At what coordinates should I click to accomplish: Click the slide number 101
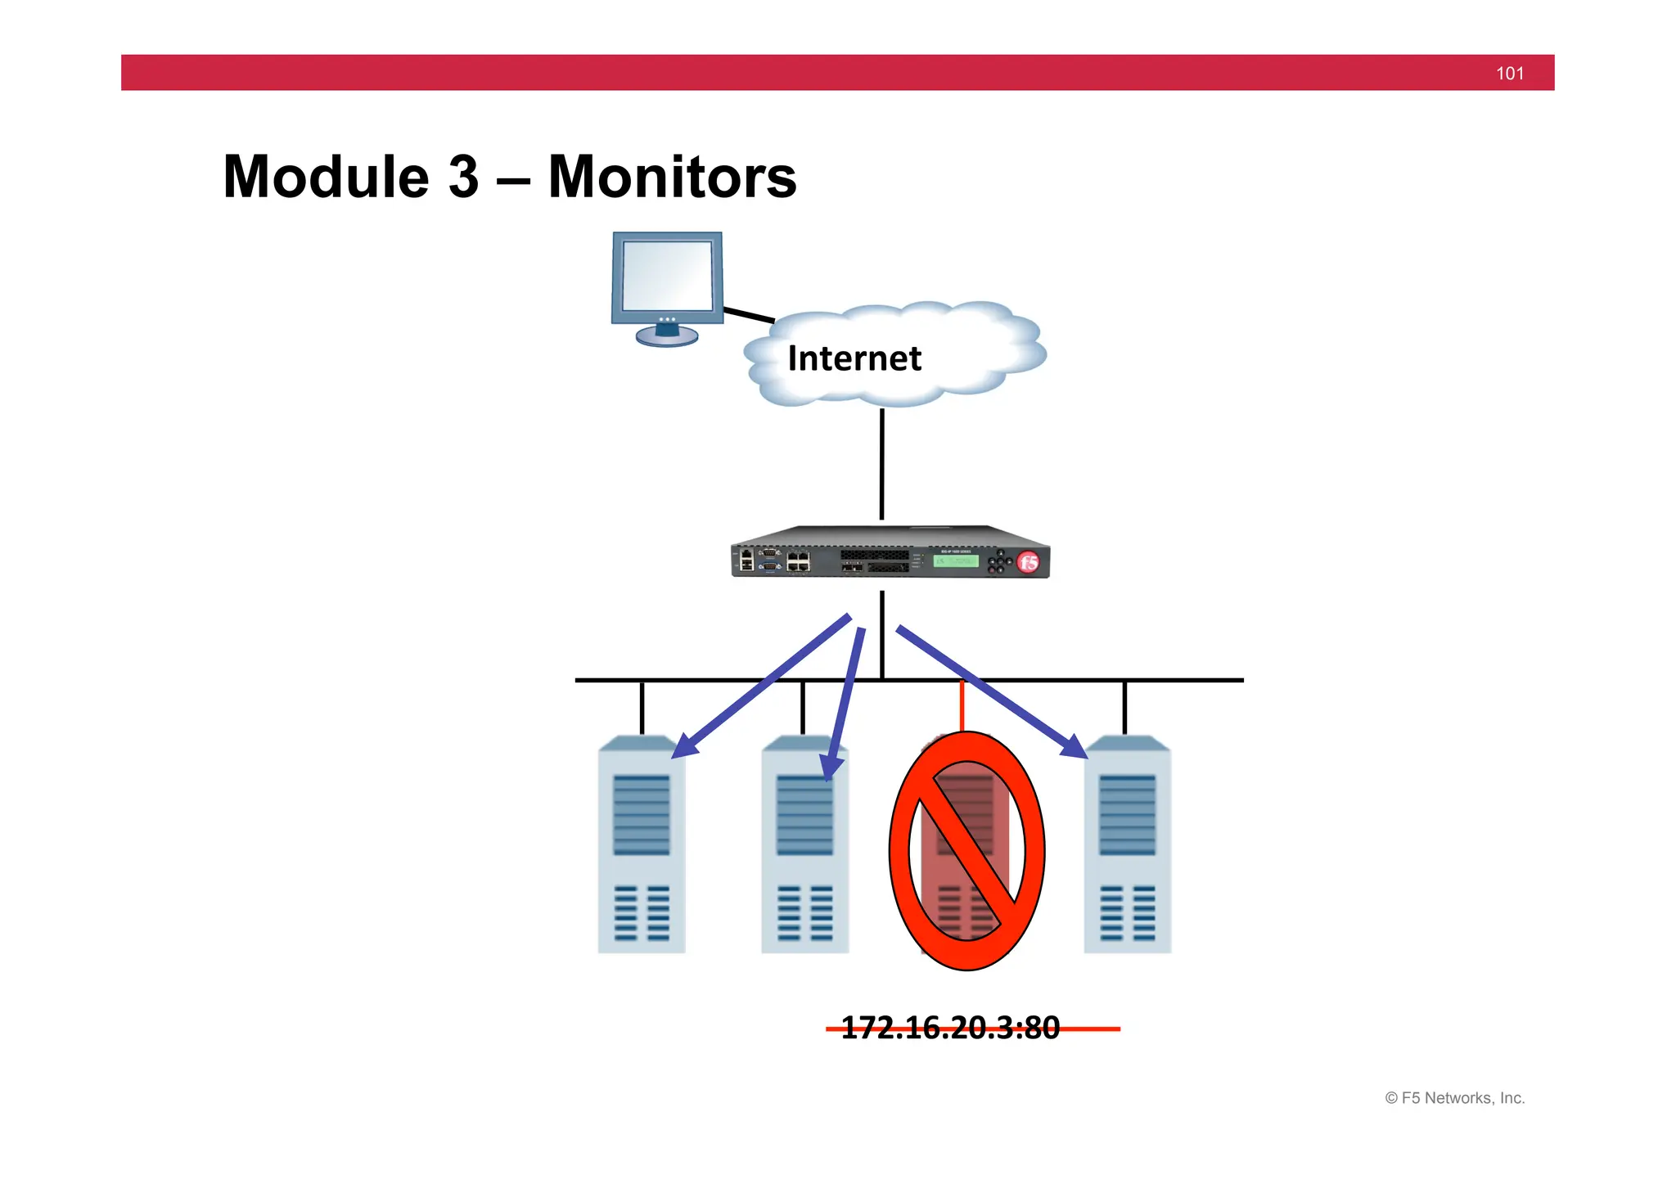(1509, 74)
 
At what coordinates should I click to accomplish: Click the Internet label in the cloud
(854, 358)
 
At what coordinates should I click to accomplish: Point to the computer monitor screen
(667, 275)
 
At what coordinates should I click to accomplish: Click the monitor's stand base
(667, 336)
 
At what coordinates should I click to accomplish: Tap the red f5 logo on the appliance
(1028, 562)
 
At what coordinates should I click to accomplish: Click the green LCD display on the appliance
(955, 561)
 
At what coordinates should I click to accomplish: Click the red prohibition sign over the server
(966, 850)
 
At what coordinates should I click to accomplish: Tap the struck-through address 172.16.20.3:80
(951, 1028)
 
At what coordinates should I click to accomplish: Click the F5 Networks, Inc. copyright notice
(1454, 1098)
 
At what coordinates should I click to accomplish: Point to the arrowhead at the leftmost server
(684, 747)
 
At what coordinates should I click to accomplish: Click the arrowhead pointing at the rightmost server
(1075, 747)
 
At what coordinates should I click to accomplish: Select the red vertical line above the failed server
(962, 705)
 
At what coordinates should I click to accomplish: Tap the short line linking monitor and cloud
(749, 315)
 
